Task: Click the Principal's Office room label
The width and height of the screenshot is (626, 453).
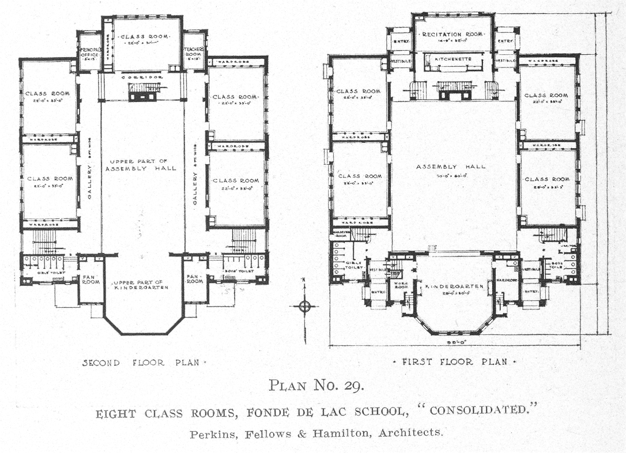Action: click(x=89, y=53)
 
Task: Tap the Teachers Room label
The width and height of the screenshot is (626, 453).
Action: click(x=194, y=53)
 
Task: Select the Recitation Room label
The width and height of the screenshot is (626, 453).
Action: click(x=452, y=35)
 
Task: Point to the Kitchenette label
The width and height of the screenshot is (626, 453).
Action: click(x=453, y=59)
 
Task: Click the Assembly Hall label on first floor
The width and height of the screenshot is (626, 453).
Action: click(x=451, y=167)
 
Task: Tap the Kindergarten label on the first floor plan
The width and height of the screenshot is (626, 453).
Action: click(x=452, y=286)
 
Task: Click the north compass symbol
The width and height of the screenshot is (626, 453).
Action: click(x=305, y=305)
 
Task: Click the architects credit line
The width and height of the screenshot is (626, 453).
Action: click(x=316, y=433)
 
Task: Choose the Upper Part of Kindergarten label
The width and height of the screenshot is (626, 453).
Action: click(x=141, y=285)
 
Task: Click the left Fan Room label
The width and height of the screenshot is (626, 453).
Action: click(x=90, y=280)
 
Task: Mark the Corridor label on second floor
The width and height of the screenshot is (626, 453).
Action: click(x=141, y=77)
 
